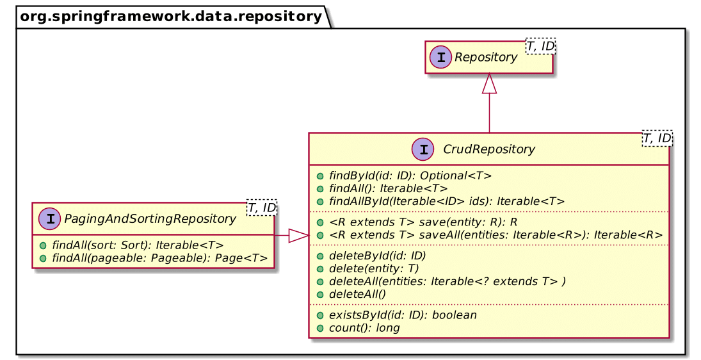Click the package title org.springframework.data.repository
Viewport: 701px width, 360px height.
pos(170,16)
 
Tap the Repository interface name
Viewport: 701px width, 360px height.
pos(485,58)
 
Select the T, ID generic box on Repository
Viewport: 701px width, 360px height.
pos(540,45)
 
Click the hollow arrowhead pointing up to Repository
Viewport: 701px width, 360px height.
pos(490,84)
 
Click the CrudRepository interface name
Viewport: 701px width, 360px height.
pos(489,149)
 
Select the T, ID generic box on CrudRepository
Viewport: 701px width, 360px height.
pos(657,138)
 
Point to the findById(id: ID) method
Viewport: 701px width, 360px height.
pos(409,175)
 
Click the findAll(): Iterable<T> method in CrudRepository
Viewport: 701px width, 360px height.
pos(387,188)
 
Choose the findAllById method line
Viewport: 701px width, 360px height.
pos(446,201)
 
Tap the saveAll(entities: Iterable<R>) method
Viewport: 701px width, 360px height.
pos(495,234)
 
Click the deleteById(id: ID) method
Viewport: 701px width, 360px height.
pos(376,255)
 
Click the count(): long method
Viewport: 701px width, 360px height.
pos(364,327)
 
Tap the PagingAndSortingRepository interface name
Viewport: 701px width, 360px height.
pos(152,219)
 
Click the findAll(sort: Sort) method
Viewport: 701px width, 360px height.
pos(138,245)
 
